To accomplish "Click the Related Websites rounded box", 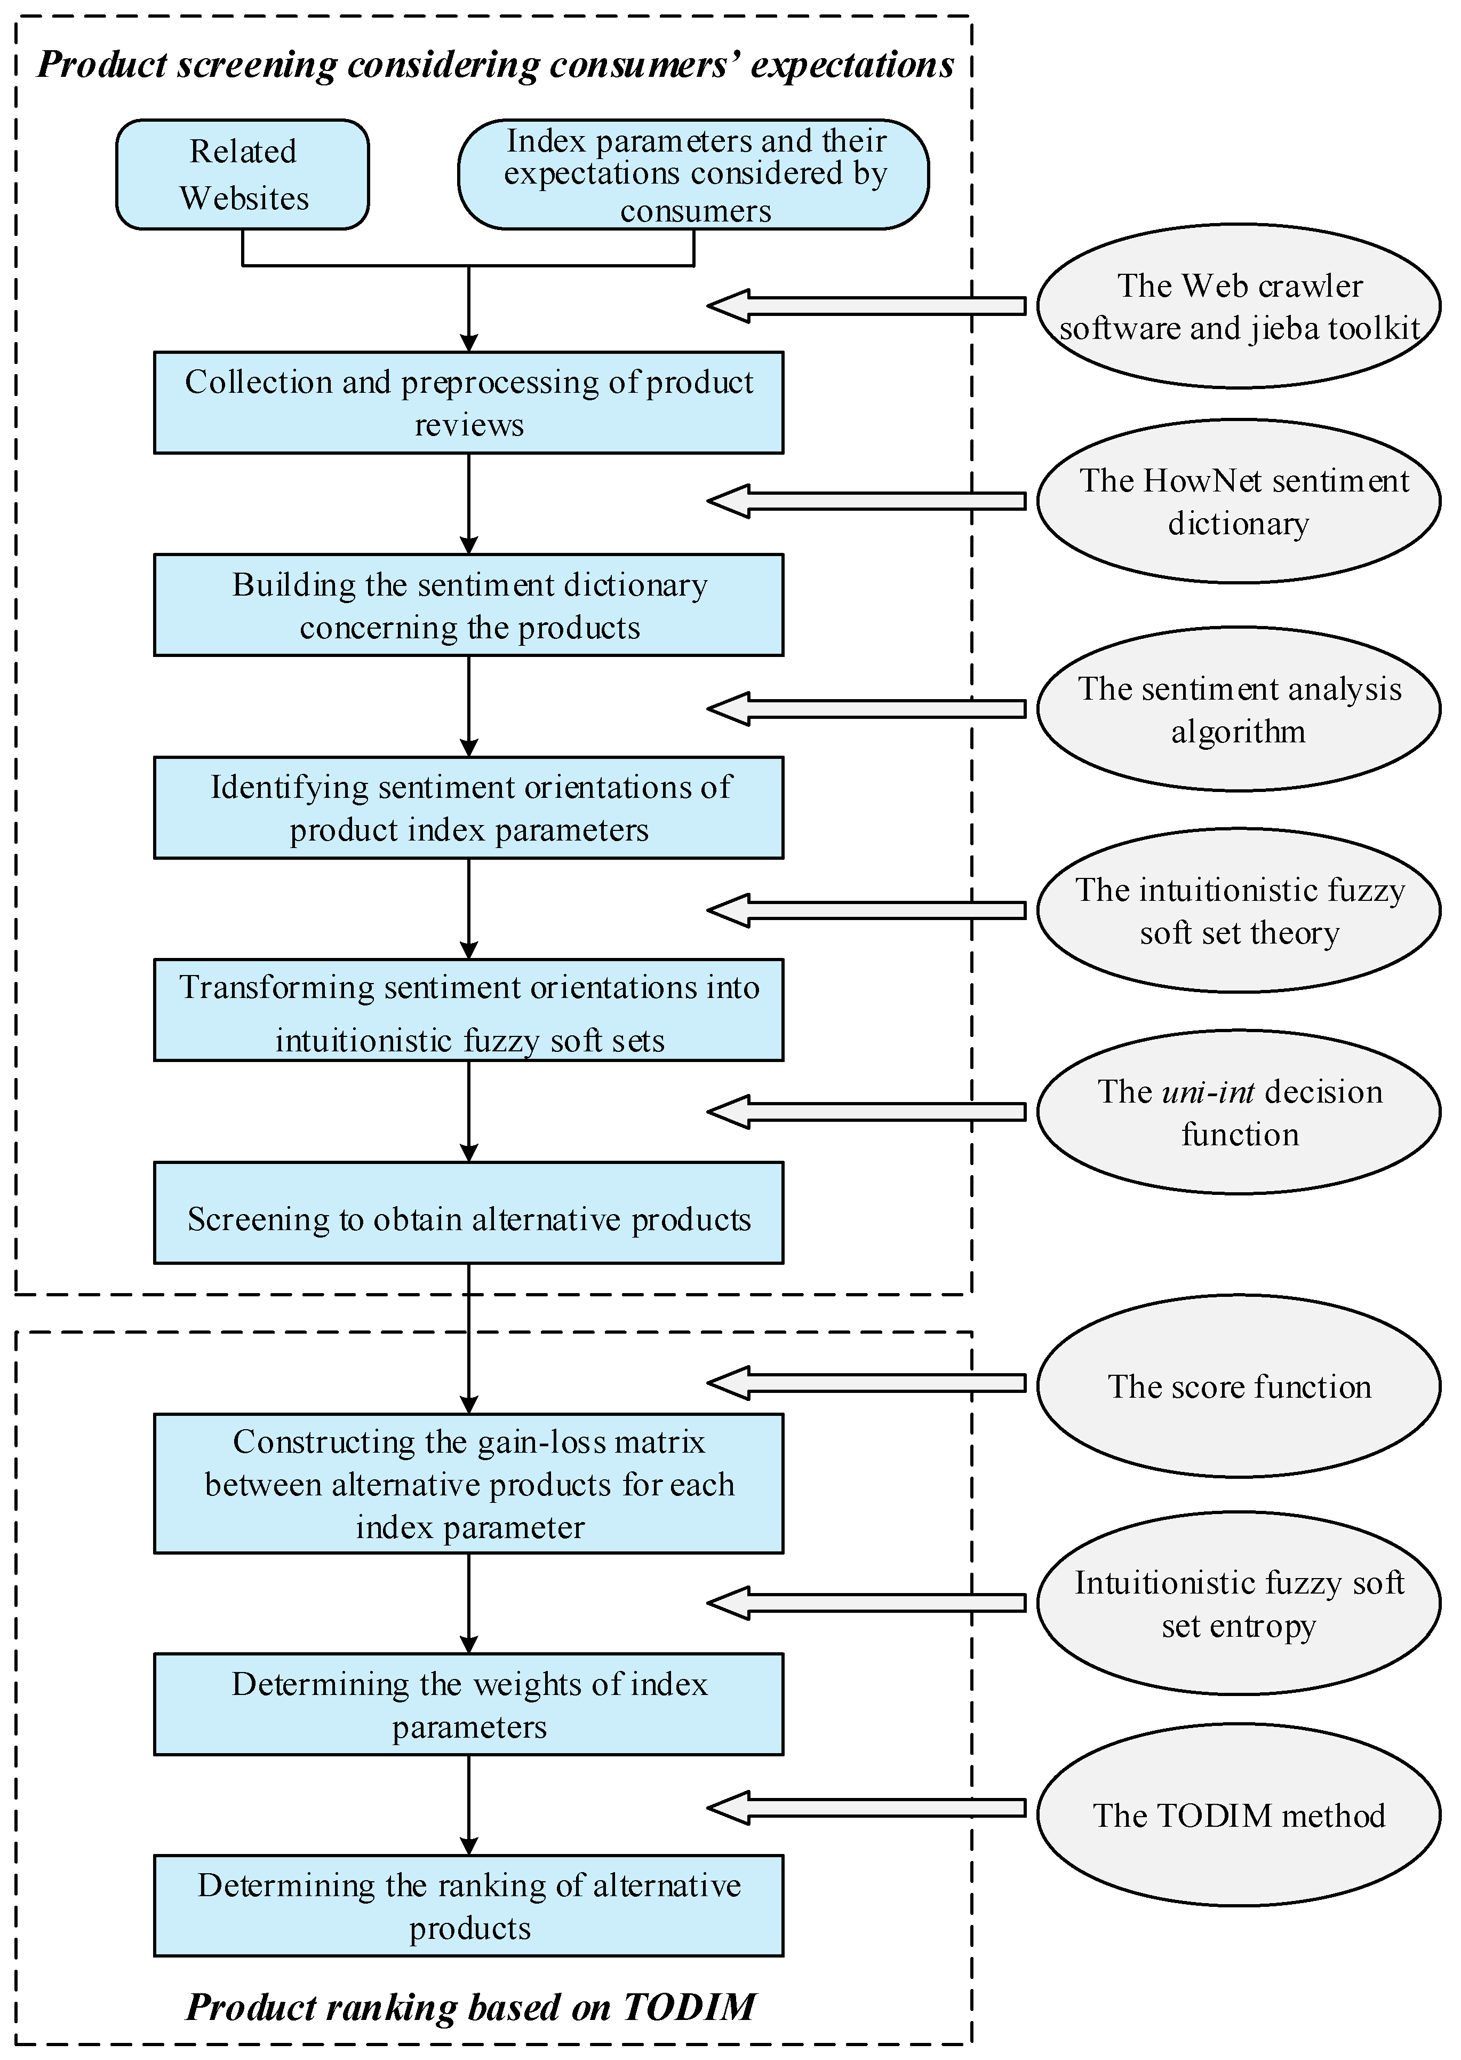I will click(242, 175).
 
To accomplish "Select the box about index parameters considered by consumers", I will click(693, 175).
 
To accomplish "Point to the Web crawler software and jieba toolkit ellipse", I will click(1239, 306).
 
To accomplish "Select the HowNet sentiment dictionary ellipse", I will click(1239, 501).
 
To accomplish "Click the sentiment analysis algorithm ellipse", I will click(1239, 709).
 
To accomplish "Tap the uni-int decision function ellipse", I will click(1239, 1112).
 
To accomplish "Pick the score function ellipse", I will click(1239, 1386).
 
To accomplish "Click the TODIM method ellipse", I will click(1239, 1815).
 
